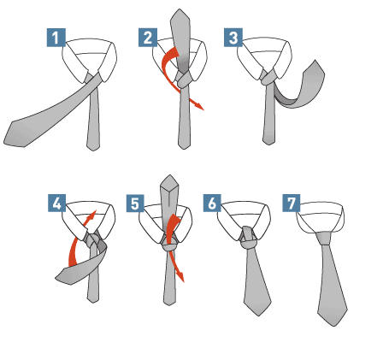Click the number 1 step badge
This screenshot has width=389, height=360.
[x=56, y=38]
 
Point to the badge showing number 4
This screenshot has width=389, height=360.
[x=56, y=203]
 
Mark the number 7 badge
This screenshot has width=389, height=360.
[x=292, y=203]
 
